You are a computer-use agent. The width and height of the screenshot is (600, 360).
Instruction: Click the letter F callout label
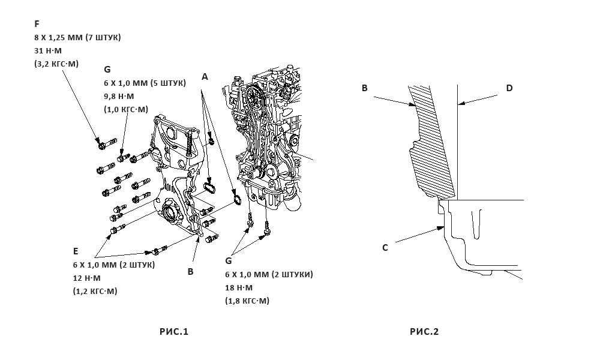(37, 24)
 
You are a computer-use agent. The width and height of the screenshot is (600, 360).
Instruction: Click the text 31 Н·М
(48, 50)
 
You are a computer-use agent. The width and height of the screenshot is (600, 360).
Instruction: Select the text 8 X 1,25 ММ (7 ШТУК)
(77, 37)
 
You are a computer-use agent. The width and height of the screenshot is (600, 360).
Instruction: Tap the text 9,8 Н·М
(119, 96)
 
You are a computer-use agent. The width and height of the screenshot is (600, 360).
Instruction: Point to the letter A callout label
(205, 77)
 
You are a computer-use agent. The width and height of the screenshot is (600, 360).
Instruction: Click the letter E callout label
(76, 251)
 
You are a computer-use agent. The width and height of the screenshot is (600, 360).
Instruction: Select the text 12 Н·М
(86, 278)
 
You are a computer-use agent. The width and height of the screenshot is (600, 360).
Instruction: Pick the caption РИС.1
(174, 332)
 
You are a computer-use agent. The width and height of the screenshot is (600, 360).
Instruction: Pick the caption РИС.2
(424, 332)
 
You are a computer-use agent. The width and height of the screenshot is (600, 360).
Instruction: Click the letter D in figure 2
(509, 88)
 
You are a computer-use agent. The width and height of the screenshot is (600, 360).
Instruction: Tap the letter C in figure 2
(385, 247)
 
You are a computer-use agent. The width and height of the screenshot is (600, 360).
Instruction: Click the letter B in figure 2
(364, 88)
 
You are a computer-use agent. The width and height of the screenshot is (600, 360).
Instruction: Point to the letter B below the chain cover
(191, 271)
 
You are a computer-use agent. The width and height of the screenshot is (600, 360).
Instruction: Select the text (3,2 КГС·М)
(56, 64)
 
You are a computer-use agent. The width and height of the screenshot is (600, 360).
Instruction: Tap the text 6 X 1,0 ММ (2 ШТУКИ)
(269, 274)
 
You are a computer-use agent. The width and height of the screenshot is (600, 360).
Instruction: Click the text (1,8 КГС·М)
(247, 301)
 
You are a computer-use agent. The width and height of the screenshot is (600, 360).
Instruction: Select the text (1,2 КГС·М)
(95, 291)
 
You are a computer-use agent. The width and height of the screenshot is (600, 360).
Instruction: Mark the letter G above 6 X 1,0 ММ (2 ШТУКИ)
(229, 261)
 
